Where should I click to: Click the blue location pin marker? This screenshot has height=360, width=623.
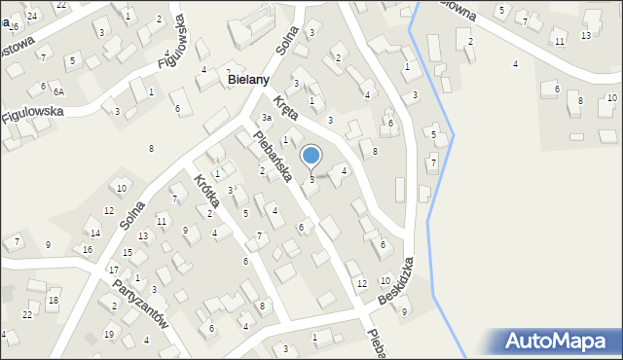[311, 156]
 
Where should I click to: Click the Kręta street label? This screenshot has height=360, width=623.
[285, 107]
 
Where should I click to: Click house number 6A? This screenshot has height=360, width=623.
[58, 90]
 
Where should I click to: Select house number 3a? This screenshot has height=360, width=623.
[265, 118]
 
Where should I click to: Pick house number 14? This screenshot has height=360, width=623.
[94, 233]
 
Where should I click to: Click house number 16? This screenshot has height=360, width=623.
[88, 249]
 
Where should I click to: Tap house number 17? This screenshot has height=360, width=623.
[114, 270]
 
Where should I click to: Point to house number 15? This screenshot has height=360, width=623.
[128, 252]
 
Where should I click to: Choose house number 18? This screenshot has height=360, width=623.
[53, 300]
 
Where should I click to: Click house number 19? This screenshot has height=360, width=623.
[109, 334]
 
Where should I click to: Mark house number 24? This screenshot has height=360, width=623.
[32, 16]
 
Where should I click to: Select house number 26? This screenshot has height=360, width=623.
[14, 26]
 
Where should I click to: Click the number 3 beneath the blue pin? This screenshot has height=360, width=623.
[311, 179]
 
